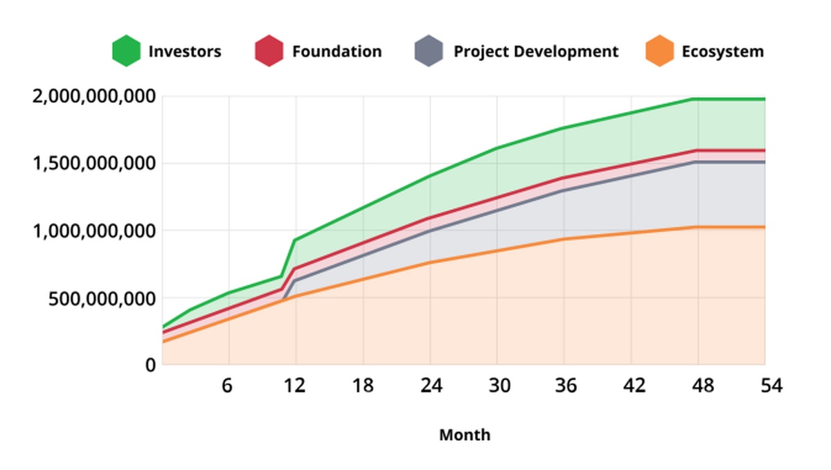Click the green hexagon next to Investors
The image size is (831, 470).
pyautogui.click(x=126, y=51)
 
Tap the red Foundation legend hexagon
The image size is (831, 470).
pyautogui.click(x=269, y=51)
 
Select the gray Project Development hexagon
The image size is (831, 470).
pyautogui.click(x=429, y=51)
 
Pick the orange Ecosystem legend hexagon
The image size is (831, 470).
pyautogui.click(x=659, y=51)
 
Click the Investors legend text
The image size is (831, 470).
pyautogui.click(x=185, y=51)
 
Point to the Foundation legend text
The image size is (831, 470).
pyautogui.click(x=337, y=51)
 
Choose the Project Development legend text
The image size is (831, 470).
pyautogui.click(x=536, y=51)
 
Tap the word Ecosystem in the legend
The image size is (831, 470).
pyautogui.click(x=723, y=51)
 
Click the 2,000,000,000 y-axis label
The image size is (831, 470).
pyautogui.click(x=93, y=96)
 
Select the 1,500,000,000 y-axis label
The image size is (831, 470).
pyautogui.click(x=93, y=164)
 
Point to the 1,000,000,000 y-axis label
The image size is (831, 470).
pyautogui.click(x=93, y=231)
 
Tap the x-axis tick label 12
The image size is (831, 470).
pyautogui.click(x=296, y=386)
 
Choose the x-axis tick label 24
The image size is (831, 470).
pyautogui.click(x=430, y=386)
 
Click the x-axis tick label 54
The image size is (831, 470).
pyautogui.click(x=769, y=386)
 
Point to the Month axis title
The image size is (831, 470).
pyautogui.click(x=465, y=435)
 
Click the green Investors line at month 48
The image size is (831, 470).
pyautogui.click(x=698, y=100)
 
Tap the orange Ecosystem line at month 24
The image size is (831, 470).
pyautogui.click(x=430, y=262)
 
